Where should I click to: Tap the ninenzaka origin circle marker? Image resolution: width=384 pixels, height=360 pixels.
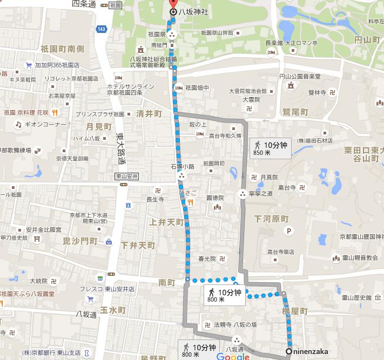point(289,351)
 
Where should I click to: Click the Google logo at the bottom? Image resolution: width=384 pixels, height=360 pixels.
point(233,356)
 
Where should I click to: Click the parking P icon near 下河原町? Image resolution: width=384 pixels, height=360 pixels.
point(289,232)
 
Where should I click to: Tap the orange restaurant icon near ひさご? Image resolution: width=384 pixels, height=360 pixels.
point(190,202)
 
